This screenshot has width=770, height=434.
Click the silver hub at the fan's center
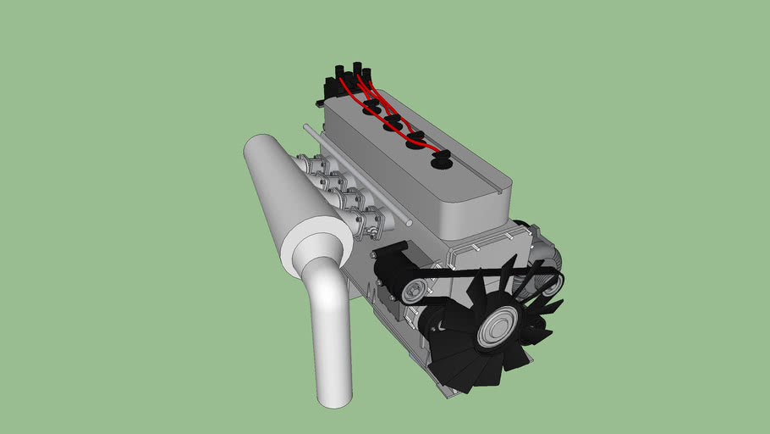tap(497, 328)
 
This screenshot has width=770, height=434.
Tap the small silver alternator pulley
tap(413, 292)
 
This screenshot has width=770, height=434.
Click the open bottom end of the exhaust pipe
tap(333, 396)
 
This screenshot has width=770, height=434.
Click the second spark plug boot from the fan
tap(415, 141)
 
